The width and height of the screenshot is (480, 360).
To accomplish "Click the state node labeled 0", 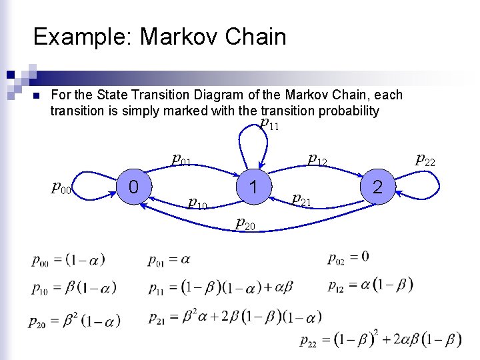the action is pyautogui.click(x=133, y=187).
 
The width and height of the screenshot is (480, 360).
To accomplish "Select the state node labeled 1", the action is pyautogui.click(x=253, y=187).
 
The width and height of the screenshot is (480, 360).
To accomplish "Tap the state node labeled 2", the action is pyautogui.click(x=377, y=187).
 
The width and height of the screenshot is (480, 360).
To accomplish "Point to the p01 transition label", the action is pyautogui.click(x=181, y=159).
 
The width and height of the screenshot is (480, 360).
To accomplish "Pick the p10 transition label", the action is pyautogui.click(x=198, y=201).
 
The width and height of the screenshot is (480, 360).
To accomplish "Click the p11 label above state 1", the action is pyautogui.click(x=269, y=123).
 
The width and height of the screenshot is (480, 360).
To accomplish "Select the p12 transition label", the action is pyautogui.click(x=317, y=159).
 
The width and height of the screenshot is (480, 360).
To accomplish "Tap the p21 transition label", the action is pyautogui.click(x=303, y=199).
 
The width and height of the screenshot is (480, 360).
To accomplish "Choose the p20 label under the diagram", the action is pyautogui.click(x=245, y=224).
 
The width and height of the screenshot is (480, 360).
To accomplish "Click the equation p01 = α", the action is pyautogui.click(x=169, y=259).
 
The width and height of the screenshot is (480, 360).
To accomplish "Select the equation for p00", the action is pyautogui.click(x=68, y=259).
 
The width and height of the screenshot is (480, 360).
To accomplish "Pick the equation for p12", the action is pyautogui.click(x=370, y=285).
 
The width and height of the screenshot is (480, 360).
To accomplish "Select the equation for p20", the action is pyautogui.click(x=74, y=321).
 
